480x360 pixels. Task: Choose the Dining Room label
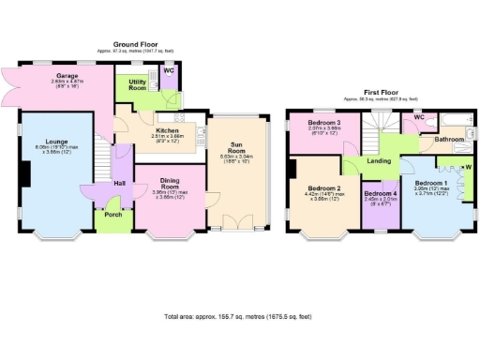click(170, 182)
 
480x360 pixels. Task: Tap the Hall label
click(119, 183)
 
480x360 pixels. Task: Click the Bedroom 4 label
click(382, 193)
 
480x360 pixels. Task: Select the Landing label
click(378, 161)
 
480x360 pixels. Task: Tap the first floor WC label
click(419, 117)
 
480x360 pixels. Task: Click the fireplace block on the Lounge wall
click(26, 174)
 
